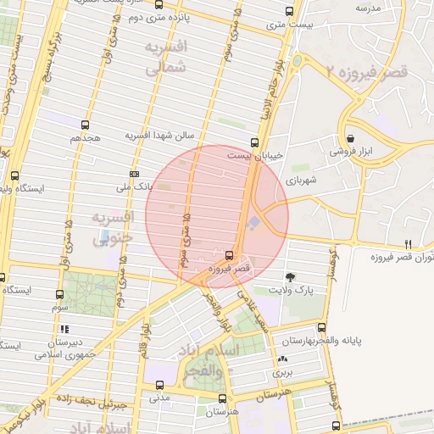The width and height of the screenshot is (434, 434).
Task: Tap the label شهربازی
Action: [x=302, y=180]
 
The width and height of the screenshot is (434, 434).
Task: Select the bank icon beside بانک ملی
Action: [x=134, y=174]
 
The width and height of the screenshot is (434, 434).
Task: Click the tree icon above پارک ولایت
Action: [x=292, y=276]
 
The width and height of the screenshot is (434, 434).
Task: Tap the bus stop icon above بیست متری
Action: [x=289, y=12]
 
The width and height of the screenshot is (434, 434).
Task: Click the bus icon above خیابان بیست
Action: [x=255, y=142]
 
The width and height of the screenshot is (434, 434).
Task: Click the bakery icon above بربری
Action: [x=281, y=359]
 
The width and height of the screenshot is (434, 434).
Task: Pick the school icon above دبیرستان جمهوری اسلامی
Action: [x=66, y=329]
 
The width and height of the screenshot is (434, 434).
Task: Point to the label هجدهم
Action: [x=86, y=137]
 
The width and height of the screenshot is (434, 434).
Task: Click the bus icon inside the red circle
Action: [x=230, y=254]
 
